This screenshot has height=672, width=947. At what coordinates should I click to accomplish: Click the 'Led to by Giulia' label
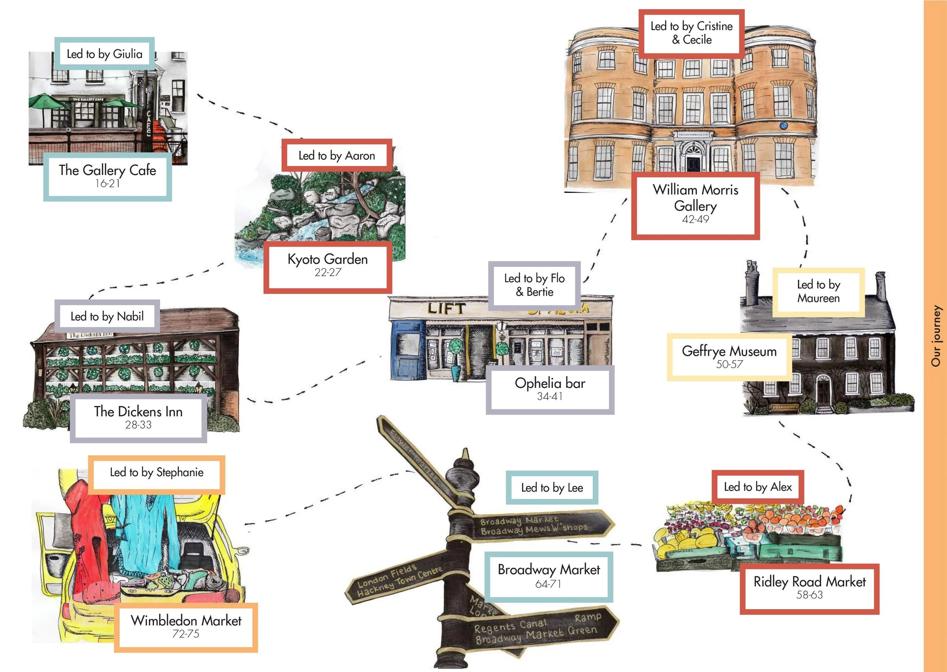pos(105,54)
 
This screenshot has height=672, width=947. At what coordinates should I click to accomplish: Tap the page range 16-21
pos(108,183)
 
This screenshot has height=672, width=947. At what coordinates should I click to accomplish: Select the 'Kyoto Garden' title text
pos(328,259)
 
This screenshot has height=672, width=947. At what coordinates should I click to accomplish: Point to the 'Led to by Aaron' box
pos(337,156)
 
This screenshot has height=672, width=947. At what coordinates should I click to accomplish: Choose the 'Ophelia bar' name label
pos(550,383)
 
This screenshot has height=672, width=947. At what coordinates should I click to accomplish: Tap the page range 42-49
pos(695,219)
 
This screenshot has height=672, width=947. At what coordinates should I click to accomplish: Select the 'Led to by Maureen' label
pos(818,291)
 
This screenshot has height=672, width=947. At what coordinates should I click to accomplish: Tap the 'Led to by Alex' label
pos(758,487)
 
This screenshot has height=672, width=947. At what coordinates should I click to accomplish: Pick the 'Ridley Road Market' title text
pos(809,582)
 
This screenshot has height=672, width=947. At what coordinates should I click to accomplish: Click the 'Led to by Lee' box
pos(552,488)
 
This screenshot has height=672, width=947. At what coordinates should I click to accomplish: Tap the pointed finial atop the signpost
pos(466,455)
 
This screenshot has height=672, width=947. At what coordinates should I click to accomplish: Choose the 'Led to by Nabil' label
pos(107,317)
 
